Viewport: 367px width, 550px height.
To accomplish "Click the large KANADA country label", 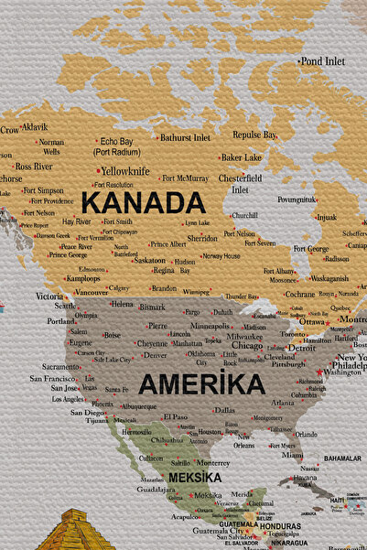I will pos(143,202).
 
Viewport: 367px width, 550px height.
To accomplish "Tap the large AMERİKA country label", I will pos(201,383).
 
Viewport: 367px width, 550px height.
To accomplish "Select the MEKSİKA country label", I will pos(194,477).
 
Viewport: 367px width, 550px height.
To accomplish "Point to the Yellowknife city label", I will pos(125,171).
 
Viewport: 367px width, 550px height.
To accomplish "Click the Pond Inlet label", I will pos(323,61).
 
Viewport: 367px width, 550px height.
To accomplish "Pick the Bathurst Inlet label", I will pos(185,138).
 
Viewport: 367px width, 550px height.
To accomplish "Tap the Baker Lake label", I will pos(242,157).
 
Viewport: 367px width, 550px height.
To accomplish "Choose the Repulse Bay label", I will pos(254,135).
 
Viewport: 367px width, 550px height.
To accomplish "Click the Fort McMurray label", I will pos(181,178).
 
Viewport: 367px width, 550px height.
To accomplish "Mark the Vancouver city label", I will pos(92,292).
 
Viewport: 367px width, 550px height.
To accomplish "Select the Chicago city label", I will pos(247,346).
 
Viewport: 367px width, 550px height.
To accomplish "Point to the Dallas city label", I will pos(224,410).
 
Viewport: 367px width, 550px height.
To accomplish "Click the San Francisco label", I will pos(51,378).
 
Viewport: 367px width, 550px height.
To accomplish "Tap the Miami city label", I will pos(292,455).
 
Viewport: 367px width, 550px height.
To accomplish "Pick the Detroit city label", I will pos(300,349).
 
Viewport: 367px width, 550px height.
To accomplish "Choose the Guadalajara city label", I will pos(155,491).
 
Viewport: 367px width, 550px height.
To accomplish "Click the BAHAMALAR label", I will pos(342,458).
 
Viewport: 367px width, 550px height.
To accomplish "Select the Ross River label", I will pos(32,167).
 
